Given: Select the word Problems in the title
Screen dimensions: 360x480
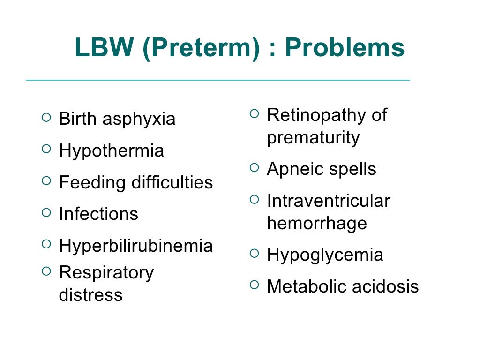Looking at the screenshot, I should tap(345, 48).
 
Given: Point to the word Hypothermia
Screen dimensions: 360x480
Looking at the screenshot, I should tap(112, 151).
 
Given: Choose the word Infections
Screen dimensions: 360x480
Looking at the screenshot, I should tap(98, 214).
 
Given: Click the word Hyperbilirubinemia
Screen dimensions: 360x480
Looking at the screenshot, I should tap(136, 246).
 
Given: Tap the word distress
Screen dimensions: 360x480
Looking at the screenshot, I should tap(90, 295).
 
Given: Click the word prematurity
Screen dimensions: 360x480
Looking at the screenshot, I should tap(313, 138).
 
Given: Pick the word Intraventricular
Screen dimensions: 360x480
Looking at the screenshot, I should tap(328, 201).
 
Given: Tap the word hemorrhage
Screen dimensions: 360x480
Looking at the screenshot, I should tap(317, 224).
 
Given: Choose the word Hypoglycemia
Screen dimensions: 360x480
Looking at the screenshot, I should tap(325, 255).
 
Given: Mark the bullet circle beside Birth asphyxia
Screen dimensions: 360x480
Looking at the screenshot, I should tap(45, 117).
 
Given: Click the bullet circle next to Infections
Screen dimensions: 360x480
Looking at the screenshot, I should tap(45, 212).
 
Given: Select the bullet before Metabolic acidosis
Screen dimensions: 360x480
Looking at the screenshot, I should tap(254, 285).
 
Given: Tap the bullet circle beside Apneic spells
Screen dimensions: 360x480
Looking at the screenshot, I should tap(254, 167).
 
